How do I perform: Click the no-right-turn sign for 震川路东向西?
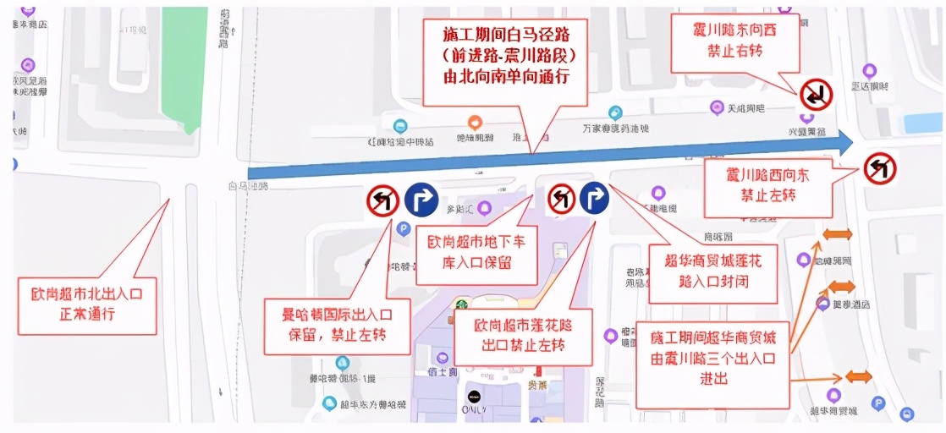817,95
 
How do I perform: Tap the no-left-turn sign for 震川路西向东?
880,168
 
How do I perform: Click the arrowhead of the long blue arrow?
844,142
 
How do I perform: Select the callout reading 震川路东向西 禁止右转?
735,41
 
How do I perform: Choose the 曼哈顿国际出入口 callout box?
337,325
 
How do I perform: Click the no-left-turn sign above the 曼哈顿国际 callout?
382,200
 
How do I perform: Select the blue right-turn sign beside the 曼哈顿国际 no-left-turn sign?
421,200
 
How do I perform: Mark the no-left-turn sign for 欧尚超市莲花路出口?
561,200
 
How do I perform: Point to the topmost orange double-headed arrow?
839,234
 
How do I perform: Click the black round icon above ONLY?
474,395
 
